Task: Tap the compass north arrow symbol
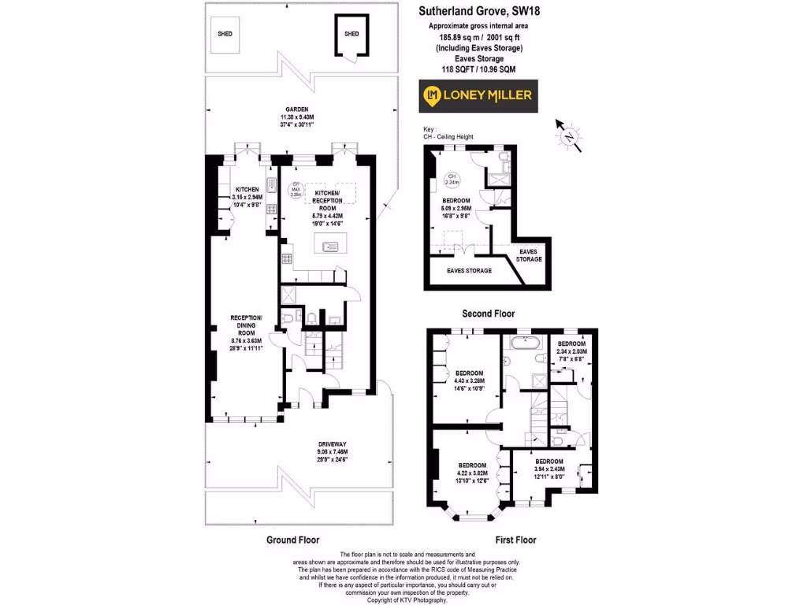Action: tap(567, 135)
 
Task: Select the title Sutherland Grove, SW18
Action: tap(480, 11)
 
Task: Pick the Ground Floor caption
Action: tap(292, 540)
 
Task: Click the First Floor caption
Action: tap(515, 540)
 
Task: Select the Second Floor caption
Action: tap(488, 314)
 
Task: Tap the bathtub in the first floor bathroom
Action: tap(523, 343)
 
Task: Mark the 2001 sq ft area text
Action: tap(480, 37)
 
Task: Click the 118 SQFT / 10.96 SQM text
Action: tap(480, 69)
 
